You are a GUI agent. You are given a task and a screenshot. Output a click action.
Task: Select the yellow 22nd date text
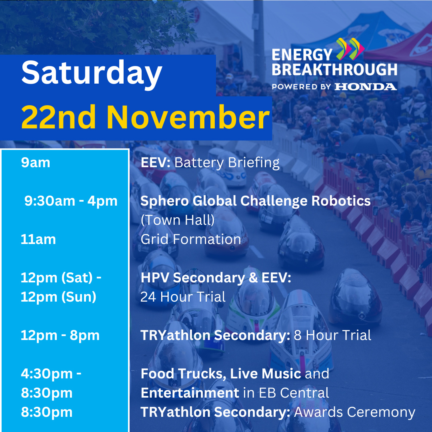pos(58,117)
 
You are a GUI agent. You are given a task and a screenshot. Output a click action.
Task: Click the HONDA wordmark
pos(366,87)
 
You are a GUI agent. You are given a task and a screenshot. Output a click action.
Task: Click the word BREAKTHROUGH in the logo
pos(334,70)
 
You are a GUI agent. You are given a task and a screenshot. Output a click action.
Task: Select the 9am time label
pos(36,162)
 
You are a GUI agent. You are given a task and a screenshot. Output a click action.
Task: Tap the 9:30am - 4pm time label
pos(71,201)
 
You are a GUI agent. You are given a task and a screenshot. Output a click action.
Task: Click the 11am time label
pos(38,239)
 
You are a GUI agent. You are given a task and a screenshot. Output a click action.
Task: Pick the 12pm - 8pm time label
pos(60,335)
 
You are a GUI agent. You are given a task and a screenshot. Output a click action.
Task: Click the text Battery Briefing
pos(227,162)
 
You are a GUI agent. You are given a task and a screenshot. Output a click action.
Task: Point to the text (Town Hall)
pos(178,220)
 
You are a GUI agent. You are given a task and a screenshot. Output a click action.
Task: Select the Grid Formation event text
pos(191,239)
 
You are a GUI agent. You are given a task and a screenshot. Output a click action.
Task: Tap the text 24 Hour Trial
pos(183,297)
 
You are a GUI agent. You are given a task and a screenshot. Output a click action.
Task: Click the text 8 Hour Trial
pos(332,335)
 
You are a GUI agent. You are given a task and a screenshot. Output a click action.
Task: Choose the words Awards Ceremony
pos(354,412)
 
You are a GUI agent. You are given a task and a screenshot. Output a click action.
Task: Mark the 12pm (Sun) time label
pos(58,297)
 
